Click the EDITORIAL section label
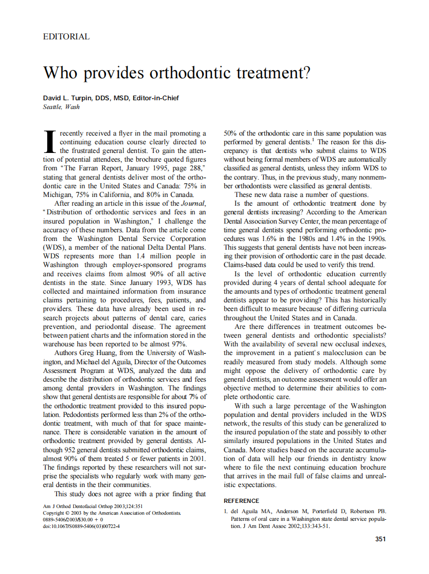(67, 37)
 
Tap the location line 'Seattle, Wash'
(61, 107)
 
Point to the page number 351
(380, 539)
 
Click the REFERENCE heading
(242, 501)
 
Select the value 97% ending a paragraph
(178, 344)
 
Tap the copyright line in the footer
(111, 513)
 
